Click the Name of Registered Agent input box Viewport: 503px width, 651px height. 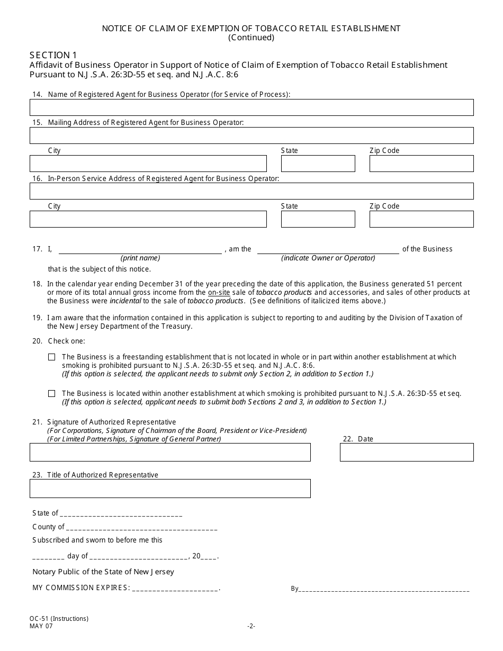coord(251,107)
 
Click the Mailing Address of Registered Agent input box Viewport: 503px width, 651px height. coord(251,135)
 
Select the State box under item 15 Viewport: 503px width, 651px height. coord(318,164)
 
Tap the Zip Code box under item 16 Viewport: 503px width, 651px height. coord(421,219)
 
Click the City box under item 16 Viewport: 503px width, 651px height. coord(148,219)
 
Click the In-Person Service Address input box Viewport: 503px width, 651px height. coord(251,191)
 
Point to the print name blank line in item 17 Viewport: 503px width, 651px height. coord(140,250)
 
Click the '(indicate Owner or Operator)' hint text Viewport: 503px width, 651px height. coord(328,258)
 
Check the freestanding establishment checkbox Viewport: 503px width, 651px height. coord(51,357)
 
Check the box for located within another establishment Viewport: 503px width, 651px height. coord(51,394)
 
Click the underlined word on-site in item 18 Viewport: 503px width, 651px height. coord(219,292)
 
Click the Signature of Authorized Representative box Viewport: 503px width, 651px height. coord(170,453)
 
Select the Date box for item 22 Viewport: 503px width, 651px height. coord(407,453)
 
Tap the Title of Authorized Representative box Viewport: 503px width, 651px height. coord(170,489)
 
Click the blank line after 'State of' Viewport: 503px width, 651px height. coord(121,514)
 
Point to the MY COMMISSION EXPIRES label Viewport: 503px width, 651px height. coord(80,588)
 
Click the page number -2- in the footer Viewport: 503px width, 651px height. coord(251,626)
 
